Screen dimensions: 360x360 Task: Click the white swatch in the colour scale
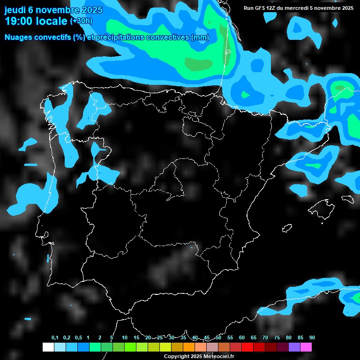[x=48, y=347]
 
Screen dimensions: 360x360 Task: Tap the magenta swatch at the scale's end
[x=306, y=347]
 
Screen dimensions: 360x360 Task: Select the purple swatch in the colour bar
[x=294, y=347]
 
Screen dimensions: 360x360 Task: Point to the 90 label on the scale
[x=312, y=338]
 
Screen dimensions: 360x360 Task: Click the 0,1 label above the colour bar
[x=55, y=338]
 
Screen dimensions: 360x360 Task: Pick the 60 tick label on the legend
[x=242, y=338]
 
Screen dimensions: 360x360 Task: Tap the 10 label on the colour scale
[x=125, y=338]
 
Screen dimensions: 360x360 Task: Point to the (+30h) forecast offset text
[x=82, y=21]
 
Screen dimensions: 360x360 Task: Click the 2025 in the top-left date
[x=88, y=10]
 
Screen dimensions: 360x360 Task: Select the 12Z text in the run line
[x=272, y=8]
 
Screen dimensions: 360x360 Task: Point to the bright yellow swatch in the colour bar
[x=165, y=347]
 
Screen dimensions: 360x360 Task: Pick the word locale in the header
[x=51, y=21]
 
